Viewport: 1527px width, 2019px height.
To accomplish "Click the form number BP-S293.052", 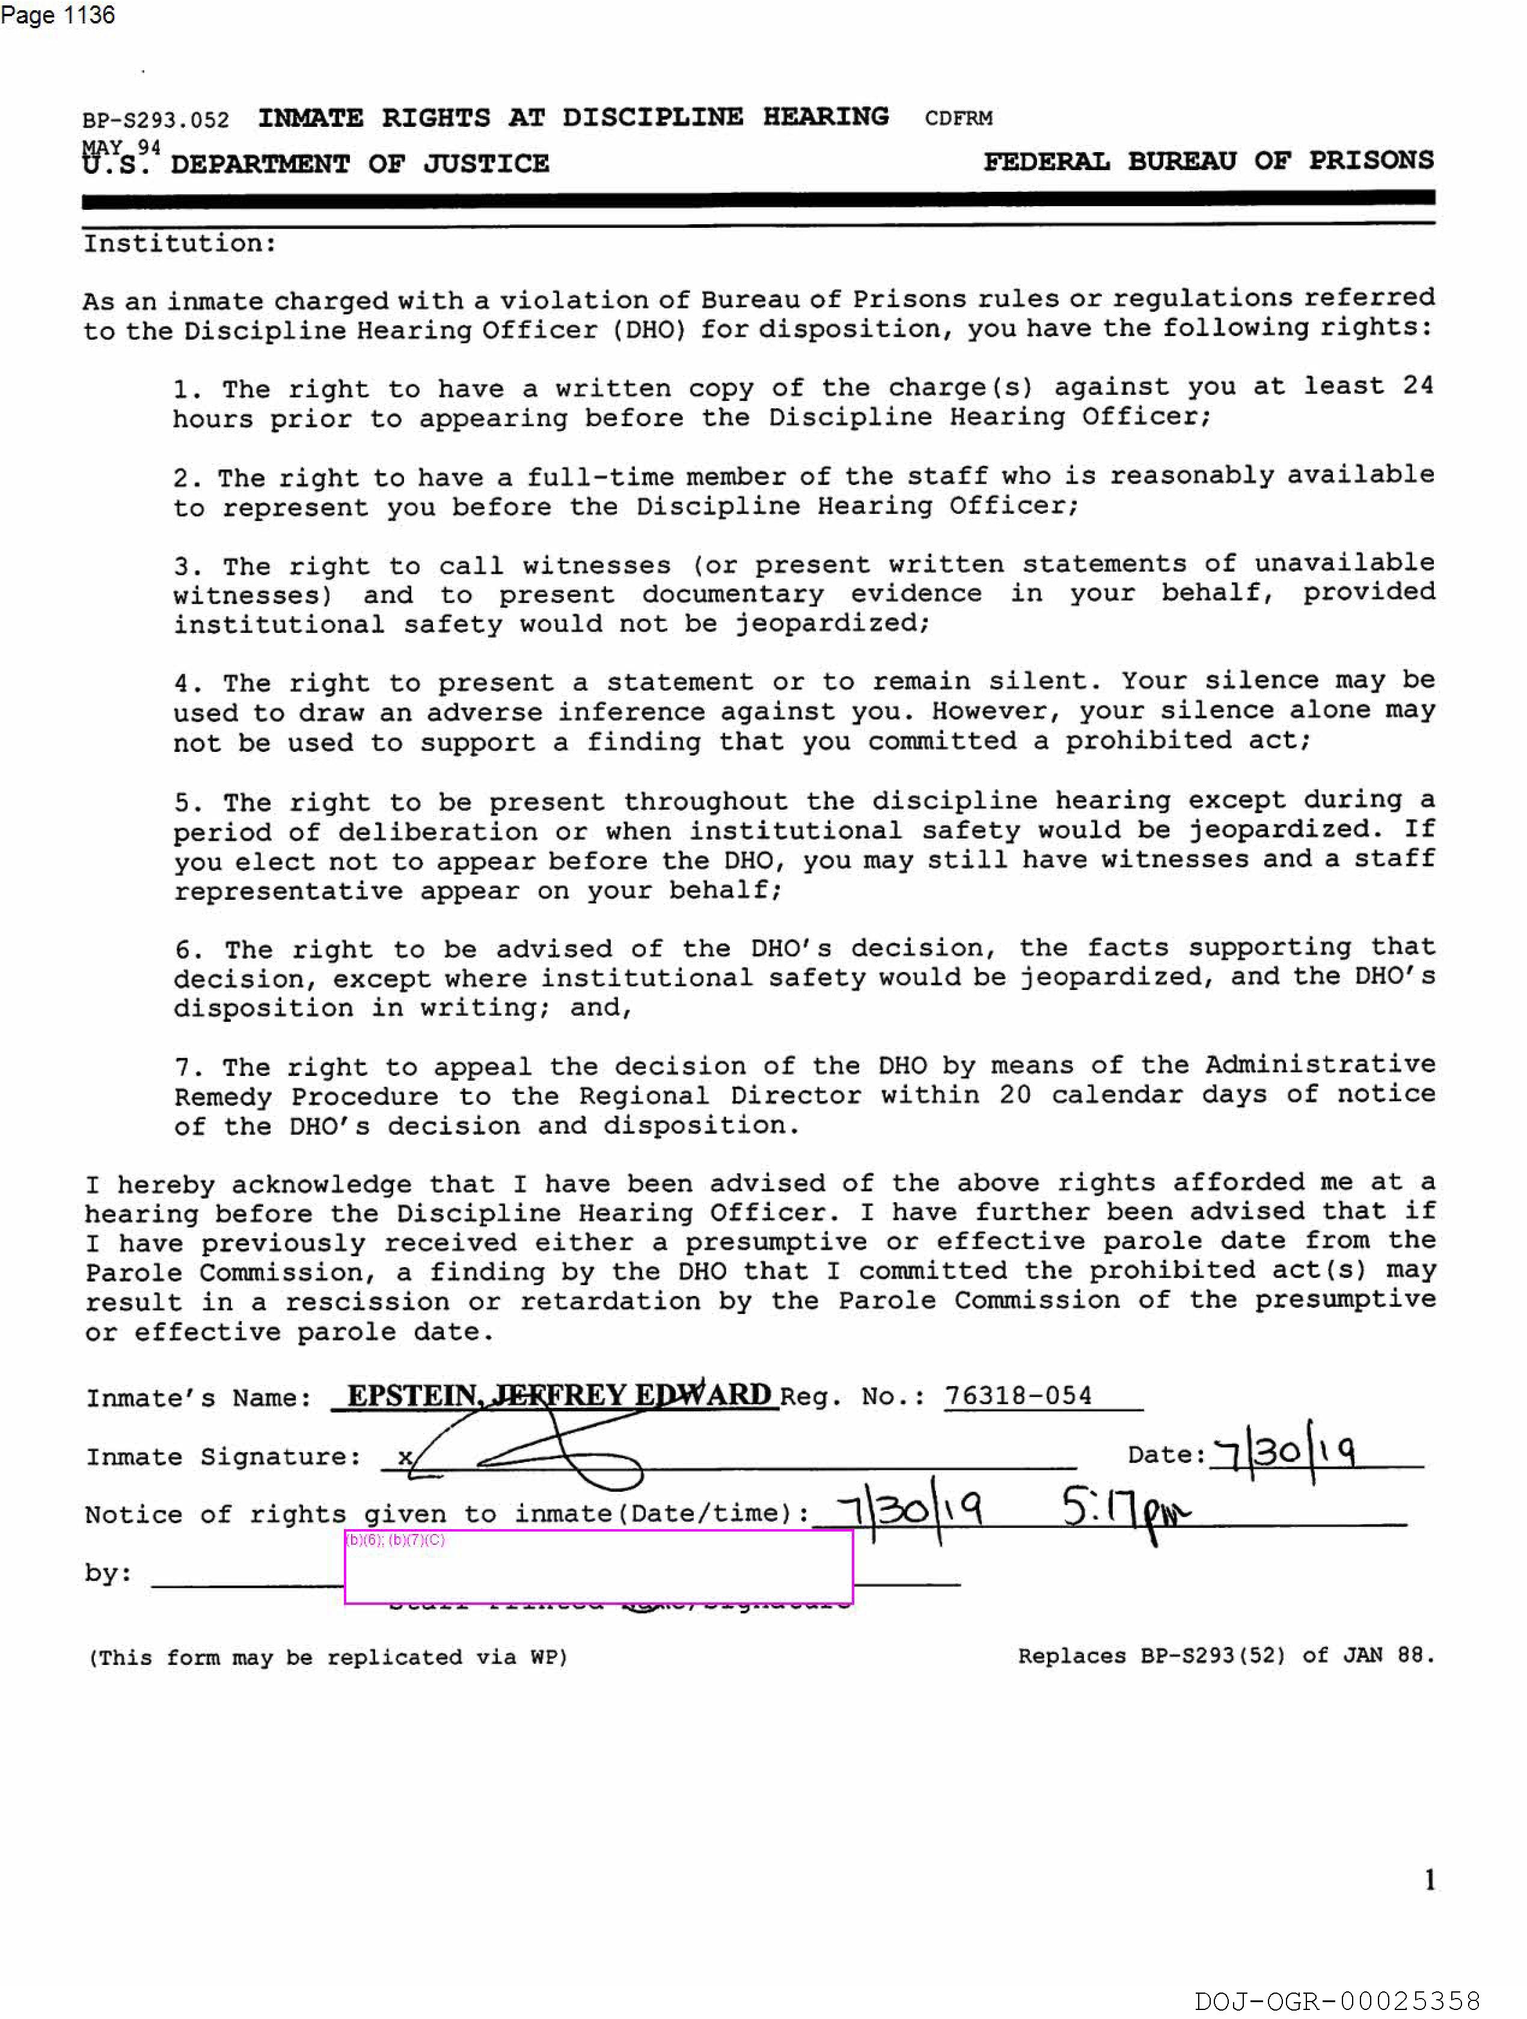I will [x=155, y=120].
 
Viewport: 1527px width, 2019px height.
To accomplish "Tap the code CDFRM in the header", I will [x=958, y=118].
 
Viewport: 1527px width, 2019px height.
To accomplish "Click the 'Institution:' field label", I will [x=180, y=243].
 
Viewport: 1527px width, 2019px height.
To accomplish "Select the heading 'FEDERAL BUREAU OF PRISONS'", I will [x=1208, y=162].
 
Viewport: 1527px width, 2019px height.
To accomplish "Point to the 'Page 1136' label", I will [x=58, y=16].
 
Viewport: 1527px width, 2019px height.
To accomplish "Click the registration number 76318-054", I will [x=1018, y=1396].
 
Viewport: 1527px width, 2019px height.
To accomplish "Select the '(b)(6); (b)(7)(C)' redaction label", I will [x=395, y=1540].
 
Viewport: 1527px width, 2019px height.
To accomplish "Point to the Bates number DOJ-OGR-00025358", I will [x=1336, y=2001].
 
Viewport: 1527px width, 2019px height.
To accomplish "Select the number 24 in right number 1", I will [x=1418, y=385].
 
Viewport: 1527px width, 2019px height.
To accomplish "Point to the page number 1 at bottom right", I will [x=1430, y=1880].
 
